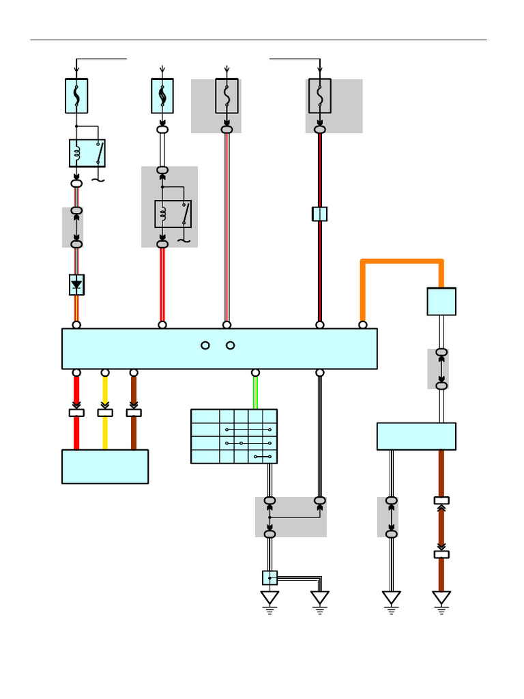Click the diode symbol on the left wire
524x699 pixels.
pyautogui.click(x=76, y=285)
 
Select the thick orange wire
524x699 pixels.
pyautogui.click(x=403, y=261)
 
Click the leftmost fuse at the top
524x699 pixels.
pyautogui.click(x=76, y=96)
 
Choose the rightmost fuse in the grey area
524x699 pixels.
pyautogui.click(x=319, y=96)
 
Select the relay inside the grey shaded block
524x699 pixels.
pyautogui.click(x=173, y=214)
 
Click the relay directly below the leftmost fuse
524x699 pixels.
pyautogui.click(x=87, y=153)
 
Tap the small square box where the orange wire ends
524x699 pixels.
pyautogui.click(x=441, y=301)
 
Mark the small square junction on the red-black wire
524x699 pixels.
pyautogui.click(x=319, y=214)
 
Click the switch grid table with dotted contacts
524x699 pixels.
pyautogui.click(x=234, y=436)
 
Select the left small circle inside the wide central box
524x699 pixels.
pyautogui.click(x=205, y=345)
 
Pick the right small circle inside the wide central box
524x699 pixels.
pyautogui.click(x=231, y=345)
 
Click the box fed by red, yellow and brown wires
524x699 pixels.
pyautogui.click(x=105, y=466)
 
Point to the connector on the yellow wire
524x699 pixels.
pyautogui.click(x=105, y=412)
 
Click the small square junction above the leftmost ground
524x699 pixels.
pyautogui.click(x=270, y=578)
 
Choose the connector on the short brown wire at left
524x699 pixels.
pyautogui.click(x=134, y=412)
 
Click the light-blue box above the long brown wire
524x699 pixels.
pyautogui.click(x=416, y=436)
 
